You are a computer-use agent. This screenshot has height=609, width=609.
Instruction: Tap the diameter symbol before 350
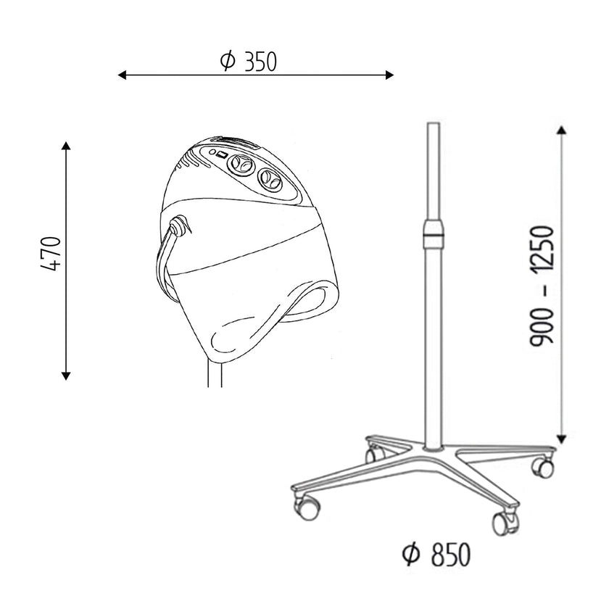pyautogui.click(x=228, y=62)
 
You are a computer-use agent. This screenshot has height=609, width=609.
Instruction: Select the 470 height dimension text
pyautogui.click(x=50, y=253)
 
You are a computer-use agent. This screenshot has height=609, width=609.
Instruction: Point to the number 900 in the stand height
pyautogui.click(x=542, y=325)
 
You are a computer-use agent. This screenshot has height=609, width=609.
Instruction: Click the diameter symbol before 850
pyautogui.click(x=410, y=555)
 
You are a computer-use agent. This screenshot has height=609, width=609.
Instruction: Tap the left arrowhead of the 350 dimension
pyautogui.click(x=122, y=75)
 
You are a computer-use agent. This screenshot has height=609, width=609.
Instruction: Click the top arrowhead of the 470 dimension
pyautogui.click(x=66, y=146)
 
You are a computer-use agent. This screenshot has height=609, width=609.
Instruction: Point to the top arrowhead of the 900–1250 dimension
pyautogui.click(x=560, y=130)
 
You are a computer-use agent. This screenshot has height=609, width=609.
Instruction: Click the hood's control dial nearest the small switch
pyautogui.click(x=239, y=165)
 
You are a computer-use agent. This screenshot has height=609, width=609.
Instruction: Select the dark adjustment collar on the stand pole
pyautogui.click(x=433, y=233)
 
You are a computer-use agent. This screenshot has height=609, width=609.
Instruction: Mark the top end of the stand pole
pyautogui.click(x=433, y=125)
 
